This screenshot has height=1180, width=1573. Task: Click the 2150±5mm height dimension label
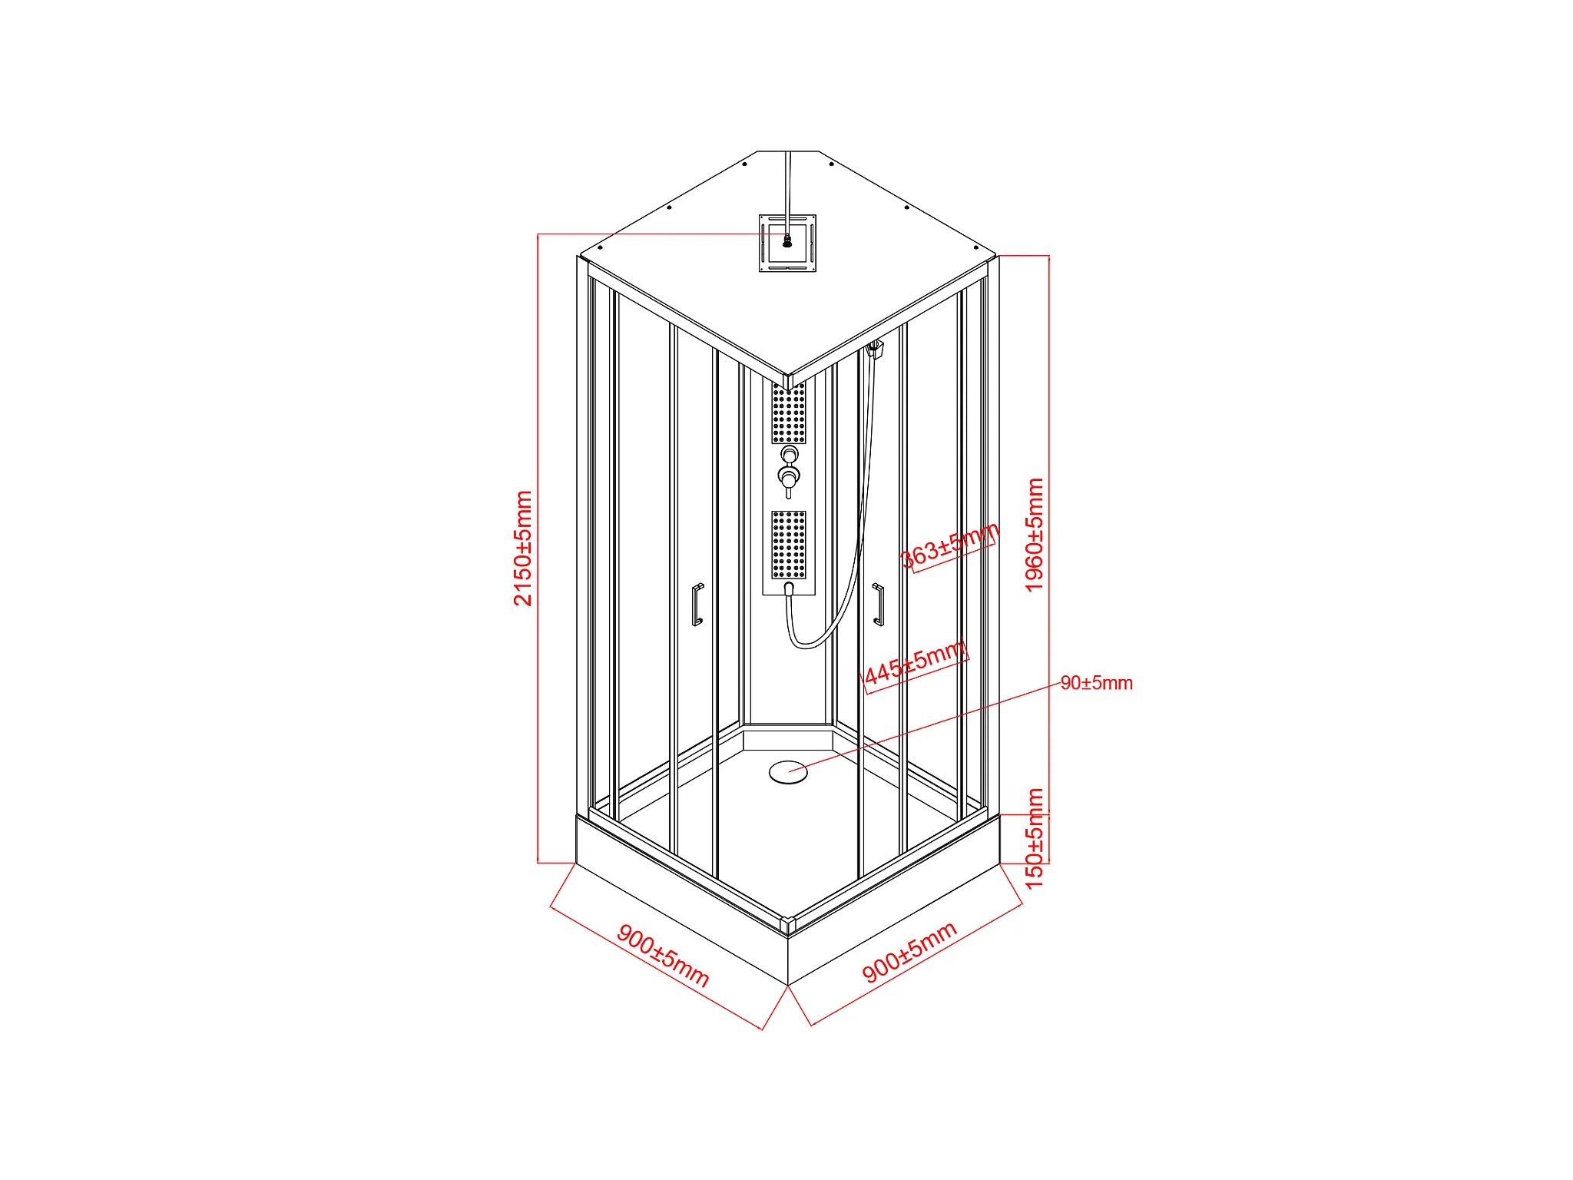click(523, 549)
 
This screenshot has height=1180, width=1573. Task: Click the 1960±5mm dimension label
click(1035, 535)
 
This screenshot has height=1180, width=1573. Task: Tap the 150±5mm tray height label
click(1035, 838)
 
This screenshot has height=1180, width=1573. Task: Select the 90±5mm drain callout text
click(1096, 683)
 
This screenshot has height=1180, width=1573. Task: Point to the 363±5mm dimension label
click(949, 545)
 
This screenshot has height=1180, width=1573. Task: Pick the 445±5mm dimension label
click(915, 663)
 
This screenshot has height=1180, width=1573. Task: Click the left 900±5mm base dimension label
click(663, 956)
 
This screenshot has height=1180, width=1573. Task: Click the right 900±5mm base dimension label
click(909, 952)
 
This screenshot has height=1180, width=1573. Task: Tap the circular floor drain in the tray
click(788, 771)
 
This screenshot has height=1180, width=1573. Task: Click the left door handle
click(697, 605)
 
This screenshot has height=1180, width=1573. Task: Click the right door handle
click(878, 605)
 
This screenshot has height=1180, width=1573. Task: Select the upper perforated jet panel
click(789, 413)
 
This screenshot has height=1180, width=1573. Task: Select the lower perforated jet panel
click(789, 544)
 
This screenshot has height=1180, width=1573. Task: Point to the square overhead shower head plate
click(787, 244)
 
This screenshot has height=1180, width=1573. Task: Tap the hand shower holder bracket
click(875, 350)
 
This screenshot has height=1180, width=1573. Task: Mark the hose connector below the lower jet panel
click(789, 588)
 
